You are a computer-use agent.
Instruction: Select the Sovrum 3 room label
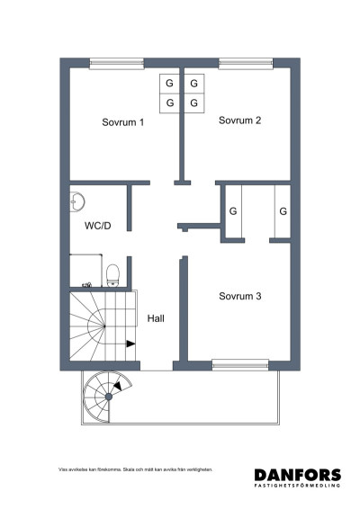pos(239,296)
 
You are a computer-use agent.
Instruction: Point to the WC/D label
pos(97,225)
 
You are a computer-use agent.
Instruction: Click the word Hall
pos(156,317)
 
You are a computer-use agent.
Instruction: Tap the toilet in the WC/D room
pos(112,273)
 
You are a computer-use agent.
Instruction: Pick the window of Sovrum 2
pos(246,63)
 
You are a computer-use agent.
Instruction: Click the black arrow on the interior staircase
pos(130,343)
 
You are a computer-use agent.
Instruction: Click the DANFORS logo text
pos(297,475)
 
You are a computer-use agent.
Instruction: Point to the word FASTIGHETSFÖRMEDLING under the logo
pos(297,487)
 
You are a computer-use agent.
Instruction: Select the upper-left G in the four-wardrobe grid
pos(168,84)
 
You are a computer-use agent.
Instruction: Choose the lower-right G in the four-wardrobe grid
pos(193,103)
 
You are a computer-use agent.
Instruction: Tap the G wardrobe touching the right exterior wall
pos(282,212)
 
